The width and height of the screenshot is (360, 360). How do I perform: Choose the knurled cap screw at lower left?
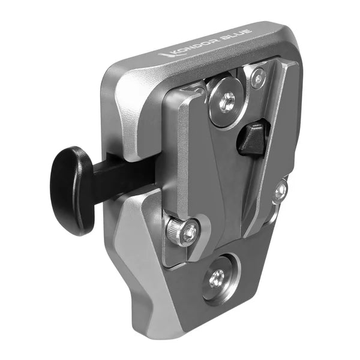point(182,231)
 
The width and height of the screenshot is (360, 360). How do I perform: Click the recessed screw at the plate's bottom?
point(216,277)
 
